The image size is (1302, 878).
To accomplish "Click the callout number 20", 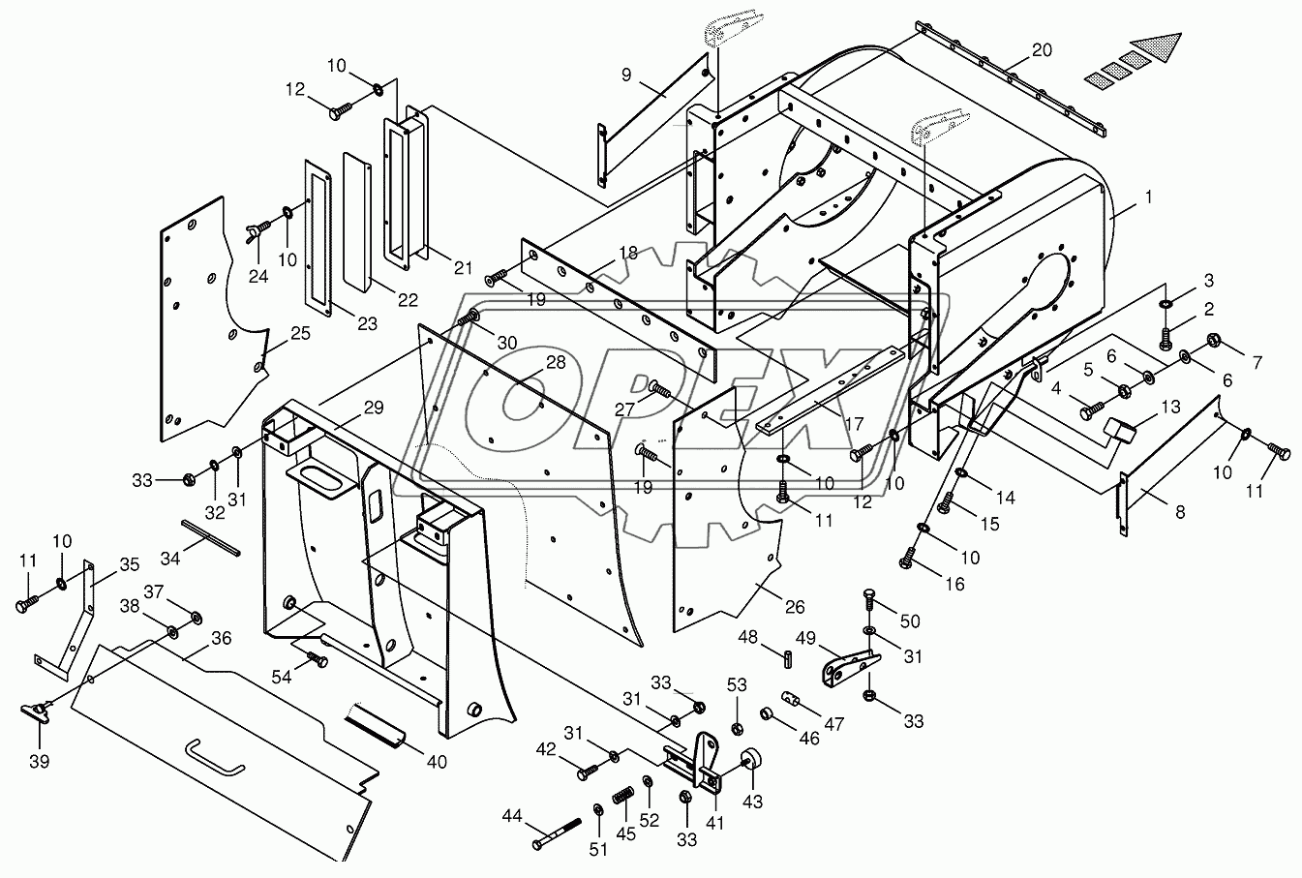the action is coord(1042,50).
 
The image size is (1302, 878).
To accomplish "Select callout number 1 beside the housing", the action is coord(1148,197).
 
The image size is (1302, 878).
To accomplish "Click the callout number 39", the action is coord(40,761).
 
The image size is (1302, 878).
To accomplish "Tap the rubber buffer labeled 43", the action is coord(750,759).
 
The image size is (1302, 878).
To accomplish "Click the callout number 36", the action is coord(221,638).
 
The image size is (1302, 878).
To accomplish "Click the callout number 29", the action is coord(374,408).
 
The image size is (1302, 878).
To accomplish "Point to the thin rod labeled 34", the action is coord(210,538).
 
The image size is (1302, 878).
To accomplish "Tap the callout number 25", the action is coord(300,334).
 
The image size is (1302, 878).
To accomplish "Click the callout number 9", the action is coord(626,75).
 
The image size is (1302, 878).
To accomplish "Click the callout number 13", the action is coord(1171,407).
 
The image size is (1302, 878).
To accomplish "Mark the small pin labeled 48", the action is coord(788,661).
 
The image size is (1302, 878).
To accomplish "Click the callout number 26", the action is coord(795,607).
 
